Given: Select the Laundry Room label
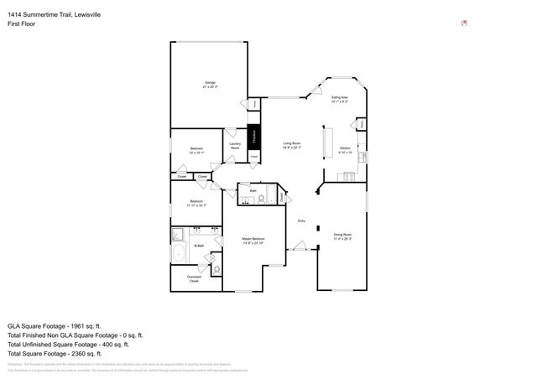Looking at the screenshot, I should coord(235,146).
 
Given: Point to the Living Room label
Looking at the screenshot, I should coord(292,146).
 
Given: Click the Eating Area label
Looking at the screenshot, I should coord(340,100).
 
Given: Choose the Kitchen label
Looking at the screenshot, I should coord(345,150).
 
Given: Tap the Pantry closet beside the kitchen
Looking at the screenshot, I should coord(362,124).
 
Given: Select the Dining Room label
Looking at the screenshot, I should coord(342,236).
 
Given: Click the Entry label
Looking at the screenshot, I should coord(301,221).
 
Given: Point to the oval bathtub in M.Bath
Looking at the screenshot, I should coord(180,254).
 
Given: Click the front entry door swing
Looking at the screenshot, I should coord(298,246).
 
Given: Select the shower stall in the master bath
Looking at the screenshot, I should coord(179,234).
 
